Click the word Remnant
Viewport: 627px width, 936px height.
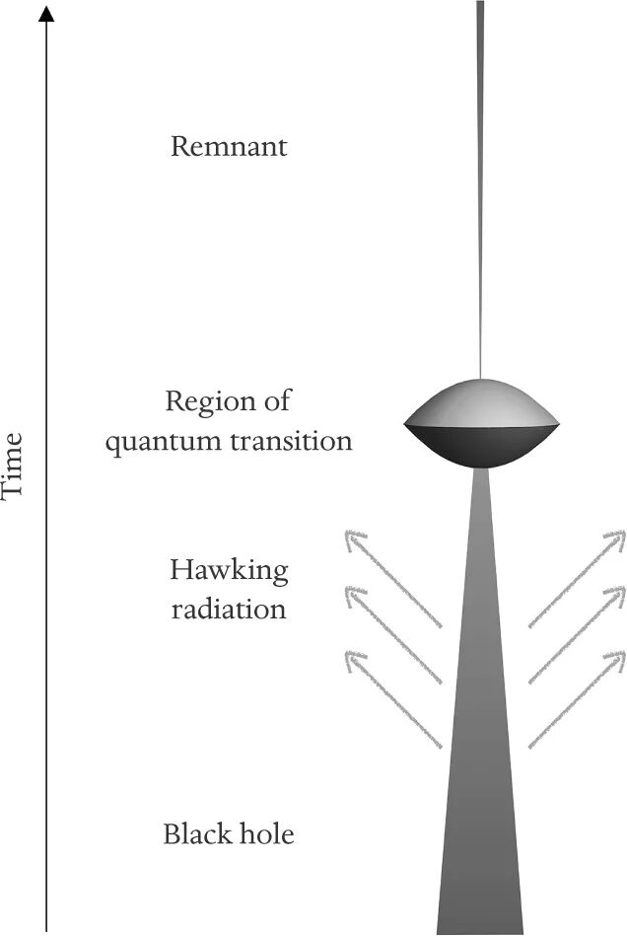click(229, 146)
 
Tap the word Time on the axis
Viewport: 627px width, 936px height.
click(12, 464)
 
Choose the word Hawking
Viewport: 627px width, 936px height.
click(229, 572)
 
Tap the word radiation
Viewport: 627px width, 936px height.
click(229, 609)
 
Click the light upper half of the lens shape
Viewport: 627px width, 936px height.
click(481, 403)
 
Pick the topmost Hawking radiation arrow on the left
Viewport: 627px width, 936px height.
click(393, 578)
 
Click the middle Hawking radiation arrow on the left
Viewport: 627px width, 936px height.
click(393, 635)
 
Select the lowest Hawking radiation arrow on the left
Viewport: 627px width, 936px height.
click(393, 699)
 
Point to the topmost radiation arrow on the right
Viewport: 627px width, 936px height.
click(577, 578)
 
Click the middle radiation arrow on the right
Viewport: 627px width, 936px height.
click(577, 635)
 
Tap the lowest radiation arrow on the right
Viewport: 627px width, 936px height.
click(577, 699)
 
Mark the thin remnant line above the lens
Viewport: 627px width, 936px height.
click(480, 189)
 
